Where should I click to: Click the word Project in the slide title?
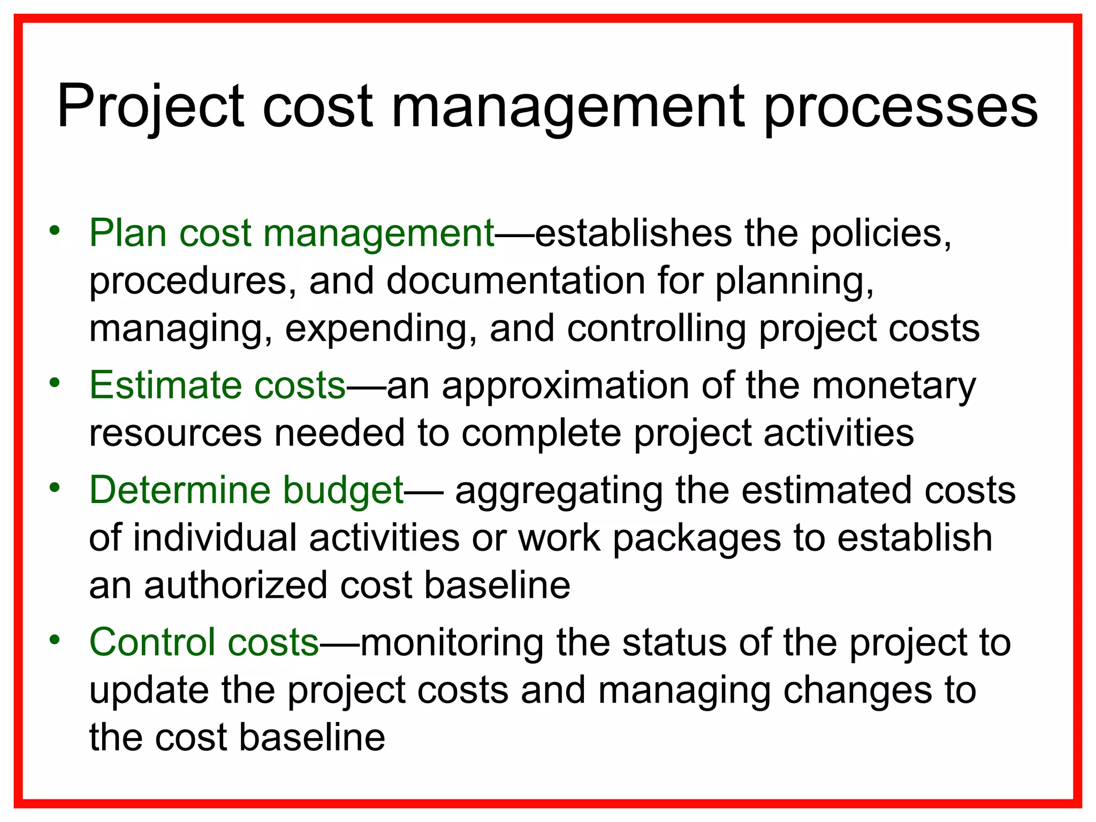click(x=150, y=107)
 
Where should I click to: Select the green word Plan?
click(x=128, y=233)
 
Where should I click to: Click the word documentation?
click(x=515, y=281)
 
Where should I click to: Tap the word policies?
click(x=881, y=233)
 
